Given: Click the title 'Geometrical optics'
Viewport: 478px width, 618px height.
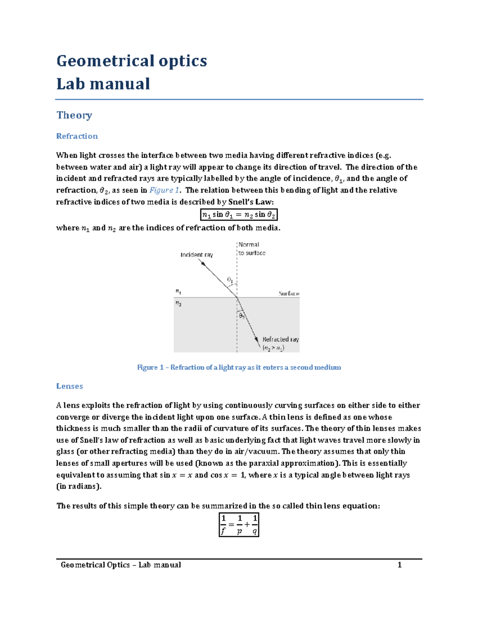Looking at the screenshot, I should [131, 61].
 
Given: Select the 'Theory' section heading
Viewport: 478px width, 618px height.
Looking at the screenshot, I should [74, 115].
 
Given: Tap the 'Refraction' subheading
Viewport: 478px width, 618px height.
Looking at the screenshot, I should [77, 136].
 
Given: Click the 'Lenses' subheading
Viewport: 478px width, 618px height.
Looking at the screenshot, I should [69, 386].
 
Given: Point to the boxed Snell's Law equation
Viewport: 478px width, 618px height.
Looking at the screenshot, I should [239, 215].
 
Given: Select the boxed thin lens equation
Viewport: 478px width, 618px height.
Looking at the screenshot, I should [239, 525].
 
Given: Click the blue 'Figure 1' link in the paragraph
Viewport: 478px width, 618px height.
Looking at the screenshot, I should [161, 190].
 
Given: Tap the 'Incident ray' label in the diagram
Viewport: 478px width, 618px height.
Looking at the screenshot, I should [196, 255].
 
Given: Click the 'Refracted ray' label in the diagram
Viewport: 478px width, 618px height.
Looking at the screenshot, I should [280, 339].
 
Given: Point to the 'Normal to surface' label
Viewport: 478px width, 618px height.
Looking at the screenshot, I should [251, 249].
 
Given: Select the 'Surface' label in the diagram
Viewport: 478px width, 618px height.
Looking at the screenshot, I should [289, 294].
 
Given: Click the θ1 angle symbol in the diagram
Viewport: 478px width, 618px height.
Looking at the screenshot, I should [230, 280].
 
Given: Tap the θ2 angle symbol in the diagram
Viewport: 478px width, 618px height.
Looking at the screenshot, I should [242, 316].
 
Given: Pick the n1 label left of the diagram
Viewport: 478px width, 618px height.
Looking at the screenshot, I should [178, 291].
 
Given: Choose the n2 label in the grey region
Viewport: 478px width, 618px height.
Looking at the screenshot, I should [178, 304].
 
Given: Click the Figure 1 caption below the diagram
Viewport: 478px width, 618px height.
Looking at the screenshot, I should [239, 367].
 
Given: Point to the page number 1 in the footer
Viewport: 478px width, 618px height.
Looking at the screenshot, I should [400, 565].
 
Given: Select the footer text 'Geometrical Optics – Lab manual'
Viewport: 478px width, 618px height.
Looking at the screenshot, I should [121, 565].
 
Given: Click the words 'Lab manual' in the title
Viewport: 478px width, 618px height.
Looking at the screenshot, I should [103, 84].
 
